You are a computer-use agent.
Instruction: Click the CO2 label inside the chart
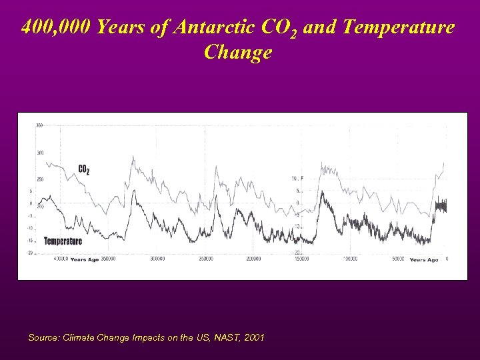pyautogui.click(x=83, y=170)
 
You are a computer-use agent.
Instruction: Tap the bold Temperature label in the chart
pyautogui.click(x=63, y=241)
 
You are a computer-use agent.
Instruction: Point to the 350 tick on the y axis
pyautogui.click(x=39, y=125)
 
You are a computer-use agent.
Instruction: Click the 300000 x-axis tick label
pyautogui.click(x=157, y=259)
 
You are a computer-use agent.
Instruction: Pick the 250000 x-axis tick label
pyautogui.click(x=205, y=259)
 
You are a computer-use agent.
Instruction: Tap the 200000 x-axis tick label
pyautogui.click(x=253, y=259)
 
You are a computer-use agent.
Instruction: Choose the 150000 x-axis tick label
pyautogui.click(x=301, y=259)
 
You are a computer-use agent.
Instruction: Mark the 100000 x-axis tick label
pyautogui.click(x=349, y=259)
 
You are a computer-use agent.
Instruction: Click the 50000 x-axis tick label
pyautogui.click(x=398, y=259)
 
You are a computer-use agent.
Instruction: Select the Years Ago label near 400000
pyautogui.click(x=84, y=259)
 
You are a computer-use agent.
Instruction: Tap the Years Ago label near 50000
pyautogui.click(x=424, y=259)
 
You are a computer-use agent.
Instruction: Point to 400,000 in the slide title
pyautogui.click(x=56, y=27)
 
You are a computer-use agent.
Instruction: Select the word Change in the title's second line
pyautogui.click(x=238, y=51)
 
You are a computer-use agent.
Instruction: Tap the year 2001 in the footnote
pyautogui.click(x=254, y=338)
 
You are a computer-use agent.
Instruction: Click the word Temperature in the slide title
pyautogui.click(x=398, y=27)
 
